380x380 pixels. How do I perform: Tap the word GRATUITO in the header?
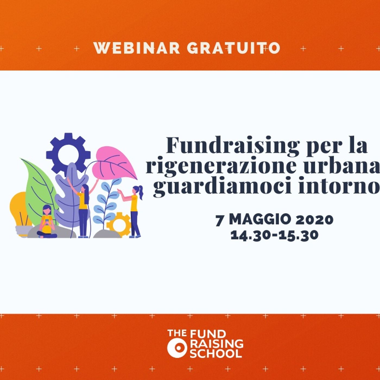(x=233, y=48)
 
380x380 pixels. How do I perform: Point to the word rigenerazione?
(x=221, y=166)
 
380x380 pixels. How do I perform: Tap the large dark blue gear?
(x=68, y=154)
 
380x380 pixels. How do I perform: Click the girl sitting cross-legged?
(x=47, y=223)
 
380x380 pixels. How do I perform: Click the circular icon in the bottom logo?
(x=177, y=348)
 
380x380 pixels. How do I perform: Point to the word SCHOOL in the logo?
(x=216, y=354)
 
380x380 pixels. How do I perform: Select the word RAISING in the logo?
(x=217, y=344)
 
